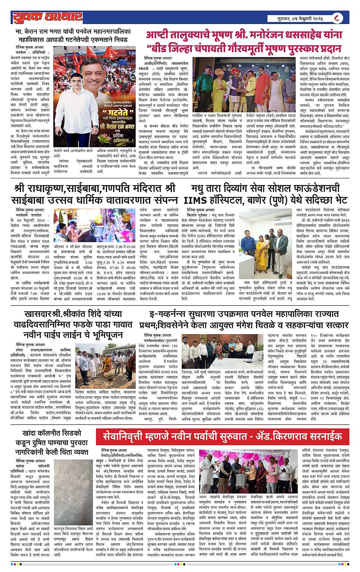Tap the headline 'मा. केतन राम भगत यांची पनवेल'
coord(78,35)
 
